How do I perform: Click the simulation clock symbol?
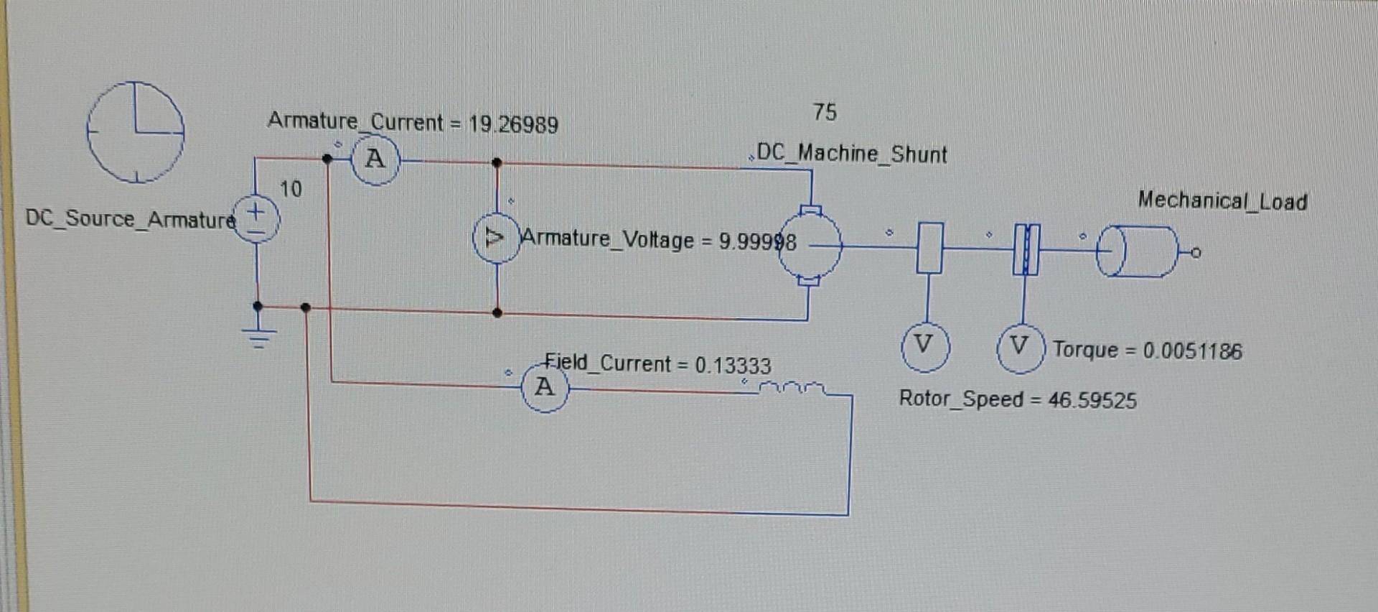click(135, 132)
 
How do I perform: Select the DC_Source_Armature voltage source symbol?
click(256, 221)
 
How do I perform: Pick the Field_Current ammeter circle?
click(544, 388)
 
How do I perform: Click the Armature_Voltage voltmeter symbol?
click(495, 238)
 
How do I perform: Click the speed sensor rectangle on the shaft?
click(929, 248)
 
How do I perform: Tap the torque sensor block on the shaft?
click(1026, 249)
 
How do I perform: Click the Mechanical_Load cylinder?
click(1138, 251)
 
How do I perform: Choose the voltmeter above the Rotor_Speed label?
click(925, 347)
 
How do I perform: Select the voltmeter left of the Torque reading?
click(1020, 348)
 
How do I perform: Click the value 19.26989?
click(513, 125)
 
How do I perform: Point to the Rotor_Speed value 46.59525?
click(1092, 400)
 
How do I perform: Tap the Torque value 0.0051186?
click(1192, 351)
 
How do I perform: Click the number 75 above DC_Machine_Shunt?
click(825, 112)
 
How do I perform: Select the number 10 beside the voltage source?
click(291, 189)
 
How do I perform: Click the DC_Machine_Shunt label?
click(852, 154)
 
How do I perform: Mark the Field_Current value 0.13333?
click(733, 366)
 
